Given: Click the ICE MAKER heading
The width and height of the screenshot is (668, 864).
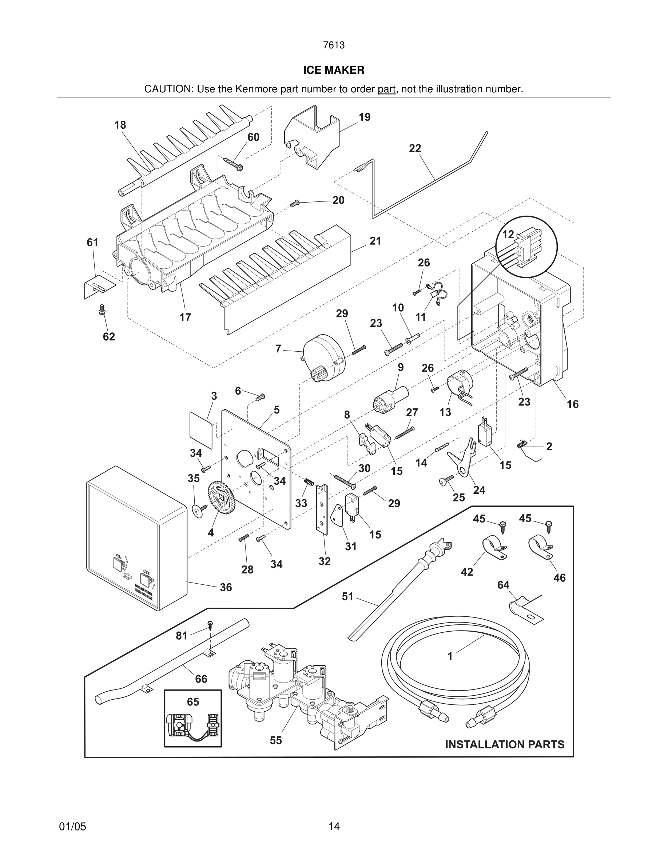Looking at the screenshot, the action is tap(334, 70).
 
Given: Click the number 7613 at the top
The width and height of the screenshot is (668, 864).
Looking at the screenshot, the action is tap(334, 45).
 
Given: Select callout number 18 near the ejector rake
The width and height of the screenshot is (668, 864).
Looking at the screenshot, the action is tap(120, 125).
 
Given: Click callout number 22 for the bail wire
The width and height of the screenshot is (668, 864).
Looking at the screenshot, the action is tap(415, 148).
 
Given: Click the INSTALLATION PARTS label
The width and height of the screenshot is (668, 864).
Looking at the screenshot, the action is tap(505, 744).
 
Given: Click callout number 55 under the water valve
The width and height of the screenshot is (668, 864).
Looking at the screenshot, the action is tap(276, 740).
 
